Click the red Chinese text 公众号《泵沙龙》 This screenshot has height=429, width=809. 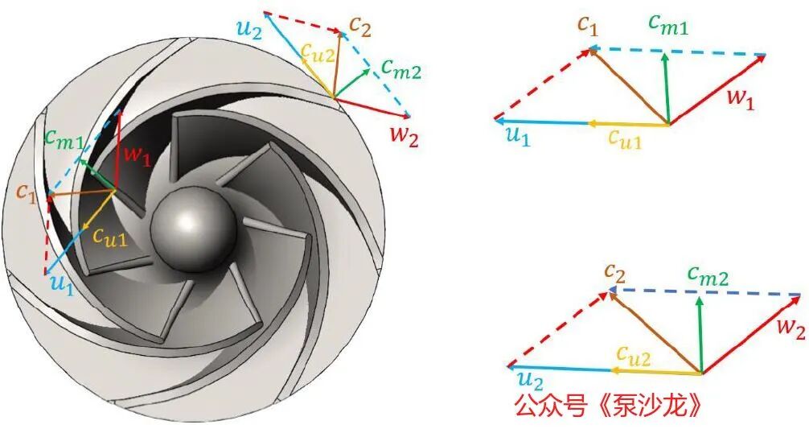(609, 406)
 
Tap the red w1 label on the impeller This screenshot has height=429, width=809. (137, 154)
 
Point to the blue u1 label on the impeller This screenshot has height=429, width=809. (63, 283)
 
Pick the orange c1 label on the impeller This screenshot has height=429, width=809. (26, 192)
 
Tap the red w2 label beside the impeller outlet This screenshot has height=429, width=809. (404, 135)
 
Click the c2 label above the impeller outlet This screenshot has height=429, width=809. (360, 27)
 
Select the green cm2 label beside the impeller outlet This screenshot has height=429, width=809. (401, 68)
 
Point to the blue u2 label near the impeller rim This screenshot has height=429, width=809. (250, 29)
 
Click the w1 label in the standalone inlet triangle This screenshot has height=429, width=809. (741, 97)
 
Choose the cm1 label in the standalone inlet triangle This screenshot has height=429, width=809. (668, 24)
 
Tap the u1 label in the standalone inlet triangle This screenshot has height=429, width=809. (518, 136)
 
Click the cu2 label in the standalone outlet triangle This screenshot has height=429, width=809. (634, 356)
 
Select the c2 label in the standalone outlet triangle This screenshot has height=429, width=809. (615, 272)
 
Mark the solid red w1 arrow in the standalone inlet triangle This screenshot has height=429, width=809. (717, 89)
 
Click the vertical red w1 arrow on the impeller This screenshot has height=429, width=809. (118, 150)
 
